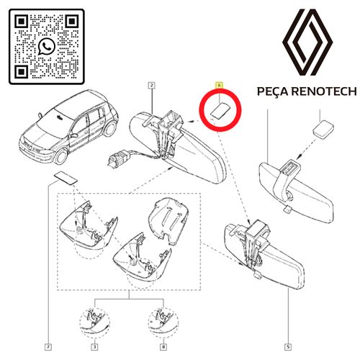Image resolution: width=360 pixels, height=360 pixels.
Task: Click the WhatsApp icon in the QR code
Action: [x=47, y=47]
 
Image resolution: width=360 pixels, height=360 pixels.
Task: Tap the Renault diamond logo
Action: [x=307, y=42]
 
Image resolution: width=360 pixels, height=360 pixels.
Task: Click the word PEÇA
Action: [x=272, y=91]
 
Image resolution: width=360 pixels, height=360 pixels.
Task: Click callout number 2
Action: [x=152, y=85]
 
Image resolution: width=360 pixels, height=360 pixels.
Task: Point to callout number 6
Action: [x=219, y=85]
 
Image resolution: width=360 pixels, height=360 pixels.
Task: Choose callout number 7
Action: [x=48, y=347]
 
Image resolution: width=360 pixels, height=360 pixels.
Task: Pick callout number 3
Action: [x=95, y=347]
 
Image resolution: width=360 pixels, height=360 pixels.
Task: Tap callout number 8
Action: [x=163, y=347]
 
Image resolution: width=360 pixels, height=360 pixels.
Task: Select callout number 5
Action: [x=288, y=347]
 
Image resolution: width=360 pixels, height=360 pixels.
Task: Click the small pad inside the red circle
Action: [x=220, y=110]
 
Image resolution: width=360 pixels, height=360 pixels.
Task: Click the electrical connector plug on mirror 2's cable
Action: [x=117, y=158]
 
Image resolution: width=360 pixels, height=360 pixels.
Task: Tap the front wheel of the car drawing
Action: [x=60, y=156]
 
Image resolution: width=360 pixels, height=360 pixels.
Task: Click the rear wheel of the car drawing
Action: [x=110, y=129]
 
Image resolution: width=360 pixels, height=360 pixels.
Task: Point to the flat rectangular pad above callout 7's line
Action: [x=66, y=178]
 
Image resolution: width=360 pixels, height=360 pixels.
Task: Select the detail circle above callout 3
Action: [x=95, y=323]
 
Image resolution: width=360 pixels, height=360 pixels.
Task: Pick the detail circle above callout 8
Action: [x=163, y=323]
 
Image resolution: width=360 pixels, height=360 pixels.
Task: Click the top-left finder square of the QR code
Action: [x=22, y=22]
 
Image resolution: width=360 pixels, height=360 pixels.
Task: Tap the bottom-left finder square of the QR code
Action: [x=22, y=71]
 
